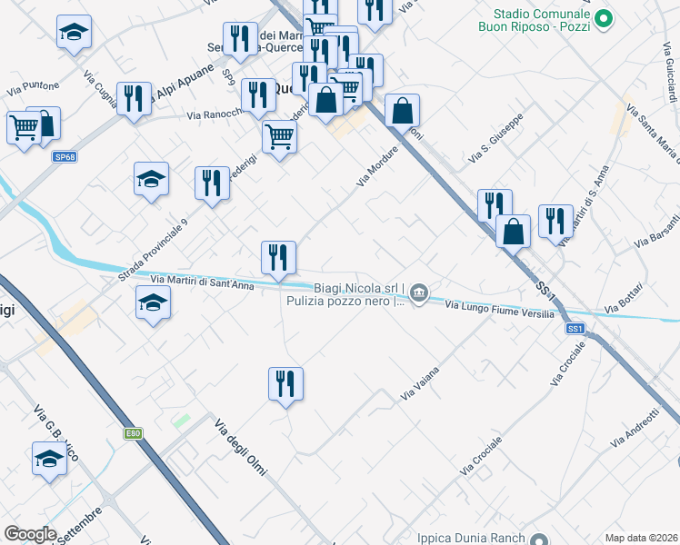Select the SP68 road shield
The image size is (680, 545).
64,157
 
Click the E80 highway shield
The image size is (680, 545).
134,434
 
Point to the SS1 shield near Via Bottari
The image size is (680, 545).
575,328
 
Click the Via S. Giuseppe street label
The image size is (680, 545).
496,140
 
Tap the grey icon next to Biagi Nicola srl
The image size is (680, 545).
418,292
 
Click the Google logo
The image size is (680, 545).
30,534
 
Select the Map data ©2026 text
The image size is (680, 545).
641,538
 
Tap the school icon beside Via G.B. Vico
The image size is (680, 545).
49,459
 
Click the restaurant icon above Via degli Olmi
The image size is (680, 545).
285,383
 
